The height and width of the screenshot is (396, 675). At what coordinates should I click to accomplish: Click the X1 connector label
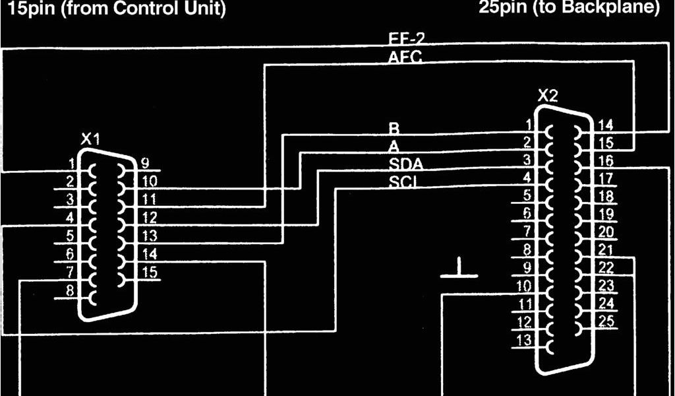click(90, 139)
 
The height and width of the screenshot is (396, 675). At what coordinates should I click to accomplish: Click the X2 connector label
click(547, 96)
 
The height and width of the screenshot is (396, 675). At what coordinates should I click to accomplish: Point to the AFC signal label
click(405, 58)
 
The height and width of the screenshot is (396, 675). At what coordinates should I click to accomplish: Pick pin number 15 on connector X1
click(150, 271)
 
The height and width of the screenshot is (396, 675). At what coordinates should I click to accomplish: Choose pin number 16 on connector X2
click(605, 160)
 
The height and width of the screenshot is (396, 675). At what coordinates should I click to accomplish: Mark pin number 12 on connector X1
click(150, 216)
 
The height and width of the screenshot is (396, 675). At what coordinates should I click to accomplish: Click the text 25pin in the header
click(504, 8)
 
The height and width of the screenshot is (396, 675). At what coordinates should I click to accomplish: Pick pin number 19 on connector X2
click(605, 213)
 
